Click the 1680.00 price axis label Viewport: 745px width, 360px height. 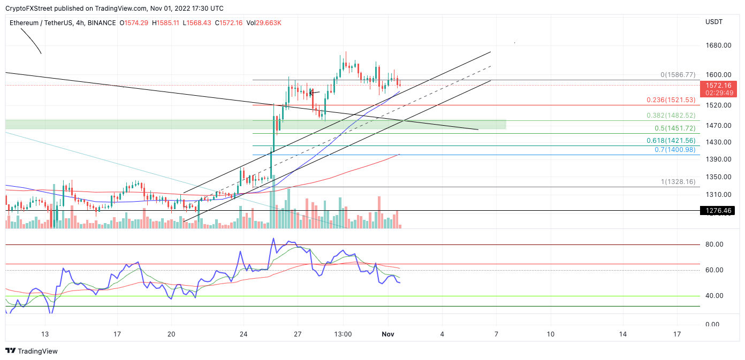[x=718, y=45]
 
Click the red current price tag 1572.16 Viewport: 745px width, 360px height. [x=718, y=86]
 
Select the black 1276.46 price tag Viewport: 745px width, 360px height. [x=718, y=211]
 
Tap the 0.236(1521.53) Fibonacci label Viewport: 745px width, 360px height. [x=671, y=100]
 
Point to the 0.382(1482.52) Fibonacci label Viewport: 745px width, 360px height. [x=671, y=116]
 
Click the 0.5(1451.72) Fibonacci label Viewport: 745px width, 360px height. [x=675, y=128]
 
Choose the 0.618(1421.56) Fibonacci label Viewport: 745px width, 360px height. [x=671, y=140]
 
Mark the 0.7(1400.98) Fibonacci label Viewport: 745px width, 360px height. [x=675, y=149]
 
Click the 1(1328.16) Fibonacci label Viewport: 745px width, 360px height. [x=678, y=182]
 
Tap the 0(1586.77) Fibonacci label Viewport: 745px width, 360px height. [x=678, y=75]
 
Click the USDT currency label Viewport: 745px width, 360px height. [x=714, y=22]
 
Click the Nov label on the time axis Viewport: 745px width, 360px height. [x=388, y=334]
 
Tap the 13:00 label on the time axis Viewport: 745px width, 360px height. [x=343, y=334]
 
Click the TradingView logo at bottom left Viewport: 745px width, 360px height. [x=32, y=351]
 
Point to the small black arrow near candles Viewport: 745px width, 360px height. [x=314, y=93]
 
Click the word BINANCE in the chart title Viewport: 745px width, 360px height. [x=101, y=23]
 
